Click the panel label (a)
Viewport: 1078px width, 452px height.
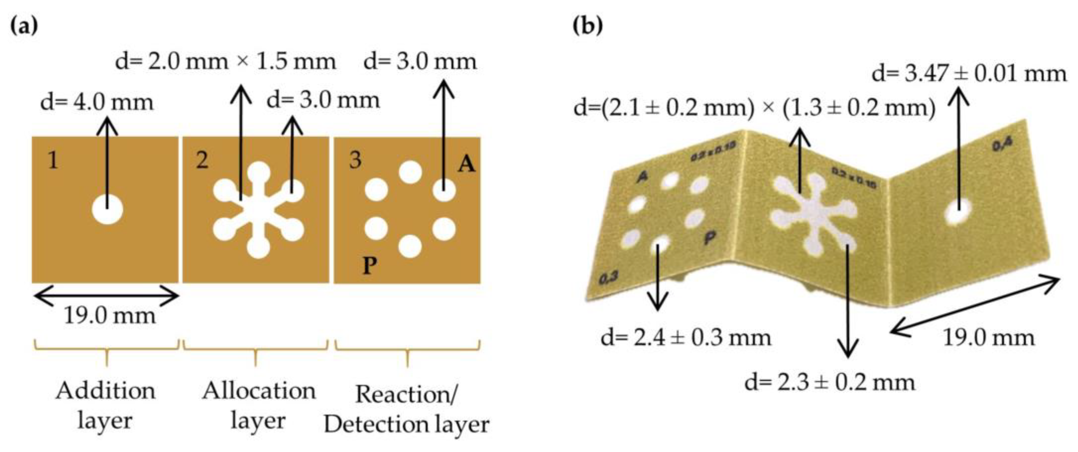(23, 26)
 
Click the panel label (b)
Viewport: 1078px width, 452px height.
(588, 26)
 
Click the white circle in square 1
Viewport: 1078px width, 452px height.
(107, 209)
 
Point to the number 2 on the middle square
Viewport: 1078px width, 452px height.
(202, 160)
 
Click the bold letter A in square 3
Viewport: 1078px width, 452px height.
(466, 164)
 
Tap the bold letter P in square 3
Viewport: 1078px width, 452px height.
(369, 265)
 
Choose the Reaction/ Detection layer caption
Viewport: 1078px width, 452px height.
(406, 409)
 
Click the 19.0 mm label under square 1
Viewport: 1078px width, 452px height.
(110, 315)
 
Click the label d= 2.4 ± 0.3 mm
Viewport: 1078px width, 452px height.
(686, 338)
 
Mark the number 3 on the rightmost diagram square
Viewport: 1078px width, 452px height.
(355, 160)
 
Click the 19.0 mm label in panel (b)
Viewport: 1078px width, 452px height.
(988, 338)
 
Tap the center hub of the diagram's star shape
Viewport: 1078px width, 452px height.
(258, 209)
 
